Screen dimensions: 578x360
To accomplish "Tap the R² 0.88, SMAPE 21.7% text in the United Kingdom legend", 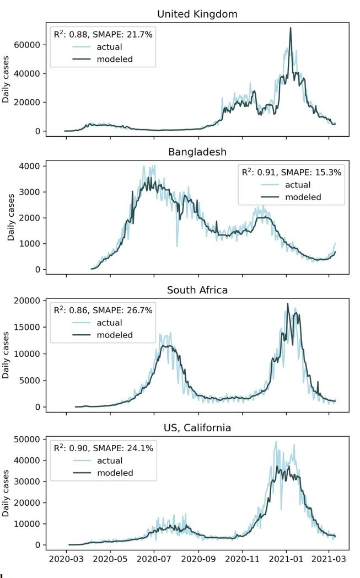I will (x=103, y=34).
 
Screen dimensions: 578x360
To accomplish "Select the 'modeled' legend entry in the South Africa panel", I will (x=114, y=335).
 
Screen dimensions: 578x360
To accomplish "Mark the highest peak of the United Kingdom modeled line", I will (x=291, y=28).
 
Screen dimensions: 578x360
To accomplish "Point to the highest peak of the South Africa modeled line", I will (x=287, y=303).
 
